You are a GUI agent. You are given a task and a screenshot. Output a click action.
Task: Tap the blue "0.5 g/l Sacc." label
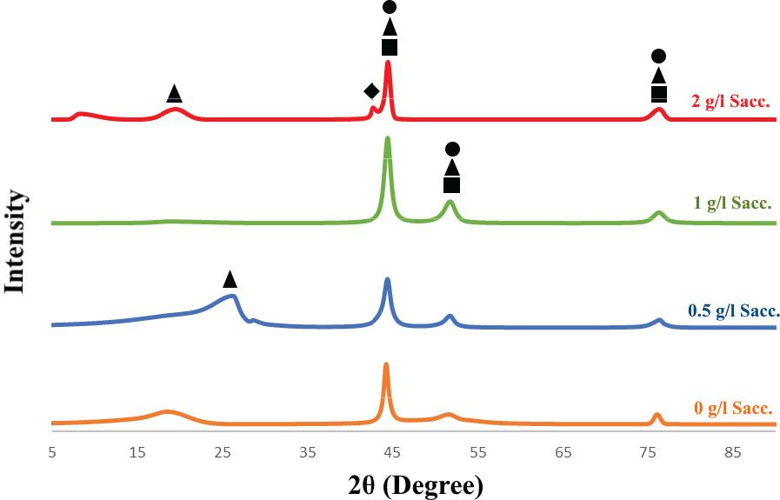(734, 310)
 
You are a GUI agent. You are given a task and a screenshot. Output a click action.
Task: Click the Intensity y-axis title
(15, 241)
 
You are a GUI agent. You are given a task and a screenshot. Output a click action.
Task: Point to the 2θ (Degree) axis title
(414, 483)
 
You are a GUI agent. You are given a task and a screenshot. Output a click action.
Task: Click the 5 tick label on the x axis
(52, 451)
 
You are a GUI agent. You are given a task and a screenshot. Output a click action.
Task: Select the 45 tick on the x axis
(393, 451)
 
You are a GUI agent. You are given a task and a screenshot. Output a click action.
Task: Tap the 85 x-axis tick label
(734, 451)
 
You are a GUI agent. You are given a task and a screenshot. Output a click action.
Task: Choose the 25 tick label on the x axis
(223, 451)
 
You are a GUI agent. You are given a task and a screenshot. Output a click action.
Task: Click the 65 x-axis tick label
(563, 451)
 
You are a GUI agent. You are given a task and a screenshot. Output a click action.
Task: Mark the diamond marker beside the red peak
(371, 91)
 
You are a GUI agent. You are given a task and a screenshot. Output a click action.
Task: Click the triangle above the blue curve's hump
(230, 279)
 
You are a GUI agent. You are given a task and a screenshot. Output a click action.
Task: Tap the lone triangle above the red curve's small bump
(174, 92)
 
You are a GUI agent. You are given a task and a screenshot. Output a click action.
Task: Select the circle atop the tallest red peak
(390, 8)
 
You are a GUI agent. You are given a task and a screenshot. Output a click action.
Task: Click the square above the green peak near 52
(451, 184)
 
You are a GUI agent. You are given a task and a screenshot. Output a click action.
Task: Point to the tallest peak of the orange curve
(386, 366)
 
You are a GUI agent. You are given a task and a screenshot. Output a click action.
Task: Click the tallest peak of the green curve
(387, 139)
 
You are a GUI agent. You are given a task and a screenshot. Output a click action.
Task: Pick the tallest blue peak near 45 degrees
(387, 280)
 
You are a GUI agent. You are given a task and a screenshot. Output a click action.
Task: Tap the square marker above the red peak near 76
(659, 94)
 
